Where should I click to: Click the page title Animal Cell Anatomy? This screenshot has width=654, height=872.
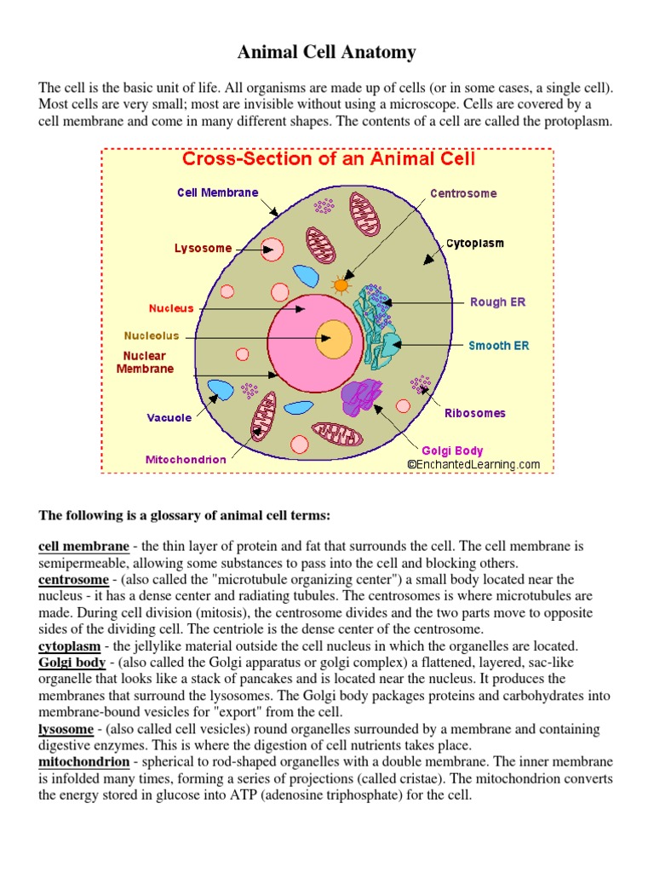click(x=327, y=53)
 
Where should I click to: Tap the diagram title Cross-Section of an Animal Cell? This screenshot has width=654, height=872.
click(x=328, y=158)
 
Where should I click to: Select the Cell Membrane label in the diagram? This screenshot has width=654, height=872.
click(x=217, y=192)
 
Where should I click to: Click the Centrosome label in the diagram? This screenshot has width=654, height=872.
click(x=463, y=193)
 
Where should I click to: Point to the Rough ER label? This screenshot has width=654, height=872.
click(x=498, y=302)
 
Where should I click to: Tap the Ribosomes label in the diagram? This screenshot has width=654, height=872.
click(x=474, y=413)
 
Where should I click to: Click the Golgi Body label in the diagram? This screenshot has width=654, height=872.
click(x=452, y=450)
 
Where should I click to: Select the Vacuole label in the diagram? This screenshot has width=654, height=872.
click(x=169, y=418)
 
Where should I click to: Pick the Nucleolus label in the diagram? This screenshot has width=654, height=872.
click(x=152, y=336)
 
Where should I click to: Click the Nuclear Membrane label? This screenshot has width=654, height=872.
click(x=145, y=362)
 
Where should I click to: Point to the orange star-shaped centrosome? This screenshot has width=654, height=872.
click(x=341, y=285)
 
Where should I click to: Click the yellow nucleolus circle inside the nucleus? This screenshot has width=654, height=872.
click(x=333, y=338)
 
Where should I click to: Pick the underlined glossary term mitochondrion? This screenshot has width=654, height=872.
click(x=83, y=762)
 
